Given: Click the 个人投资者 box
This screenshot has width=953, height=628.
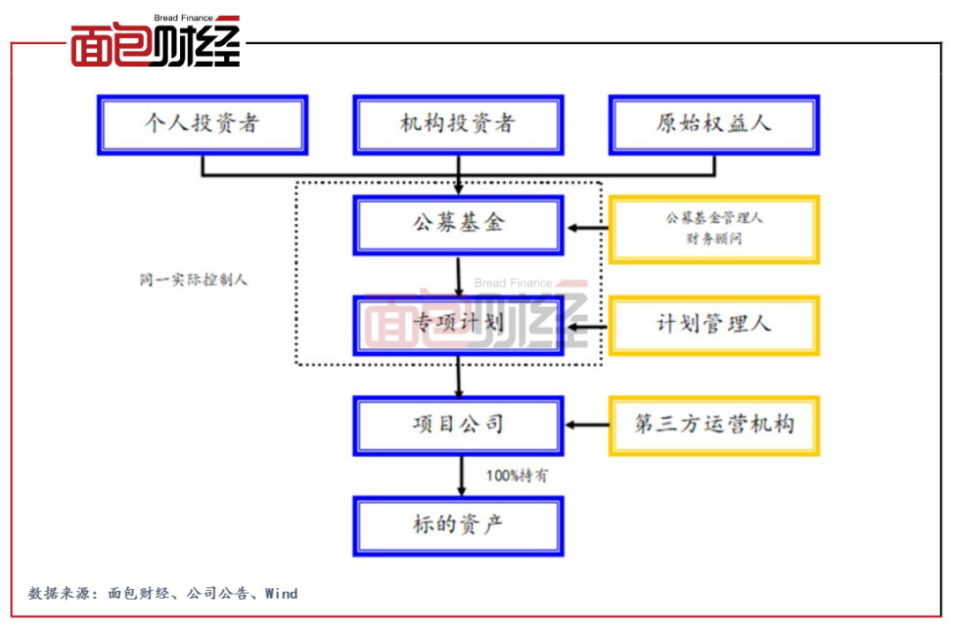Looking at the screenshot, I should click(202, 124).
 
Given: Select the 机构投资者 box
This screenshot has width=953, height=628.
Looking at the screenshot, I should click(458, 124).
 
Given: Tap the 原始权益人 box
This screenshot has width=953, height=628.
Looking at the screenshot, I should click(714, 124).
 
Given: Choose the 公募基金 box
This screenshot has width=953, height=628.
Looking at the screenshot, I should click(458, 225).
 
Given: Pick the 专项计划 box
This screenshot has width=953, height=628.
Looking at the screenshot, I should click(458, 325).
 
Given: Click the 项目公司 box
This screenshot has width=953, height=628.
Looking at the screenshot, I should click(458, 425).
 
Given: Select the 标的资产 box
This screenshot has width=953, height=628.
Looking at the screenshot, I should click(458, 526).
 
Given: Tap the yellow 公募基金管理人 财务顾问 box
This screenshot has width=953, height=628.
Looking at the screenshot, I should click(714, 229).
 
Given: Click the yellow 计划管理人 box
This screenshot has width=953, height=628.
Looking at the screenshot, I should click(714, 325).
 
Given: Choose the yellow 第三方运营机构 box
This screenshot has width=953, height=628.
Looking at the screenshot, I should click(714, 425).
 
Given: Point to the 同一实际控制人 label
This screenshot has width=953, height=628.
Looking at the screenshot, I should click(193, 280).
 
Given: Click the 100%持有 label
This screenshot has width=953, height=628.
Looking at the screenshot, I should click(517, 475).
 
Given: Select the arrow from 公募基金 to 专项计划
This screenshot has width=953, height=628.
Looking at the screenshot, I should click(459, 276).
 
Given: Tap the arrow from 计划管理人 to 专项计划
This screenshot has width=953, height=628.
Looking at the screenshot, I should click(587, 326).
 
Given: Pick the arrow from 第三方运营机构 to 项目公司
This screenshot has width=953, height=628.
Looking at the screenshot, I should click(587, 425).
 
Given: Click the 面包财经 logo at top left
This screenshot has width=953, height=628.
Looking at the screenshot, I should click(155, 43).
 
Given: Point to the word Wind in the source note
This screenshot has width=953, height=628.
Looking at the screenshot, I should click(281, 594).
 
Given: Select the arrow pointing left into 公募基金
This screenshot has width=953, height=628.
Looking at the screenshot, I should click(587, 229).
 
